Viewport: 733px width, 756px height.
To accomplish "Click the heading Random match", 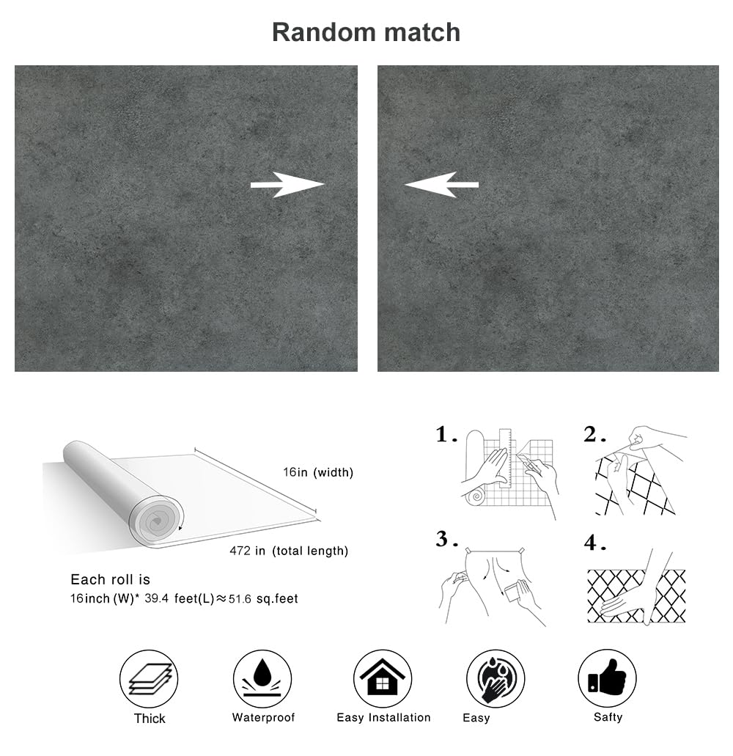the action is tap(366, 32).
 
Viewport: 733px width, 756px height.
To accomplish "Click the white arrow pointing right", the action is tap(287, 184).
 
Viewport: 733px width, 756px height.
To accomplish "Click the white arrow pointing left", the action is tap(441, 184).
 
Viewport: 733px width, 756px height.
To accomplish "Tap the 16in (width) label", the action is tap(318, 473).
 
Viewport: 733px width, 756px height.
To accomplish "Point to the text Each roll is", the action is tap(110, 579).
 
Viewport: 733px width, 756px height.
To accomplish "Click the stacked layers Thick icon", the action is tap(149, 679).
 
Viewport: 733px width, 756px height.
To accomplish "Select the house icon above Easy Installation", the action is tap(383, 679).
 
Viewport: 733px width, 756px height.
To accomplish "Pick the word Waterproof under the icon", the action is tap(263, 717).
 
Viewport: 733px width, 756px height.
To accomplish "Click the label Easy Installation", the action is tap(383, 717).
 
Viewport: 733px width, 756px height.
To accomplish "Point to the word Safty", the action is tap(608, 717).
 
